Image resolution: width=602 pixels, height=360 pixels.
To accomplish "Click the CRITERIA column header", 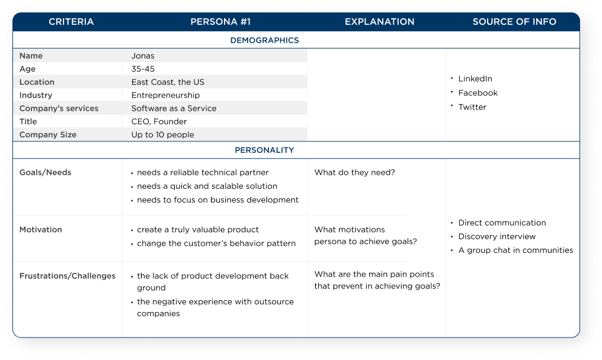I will (x=71, y=22).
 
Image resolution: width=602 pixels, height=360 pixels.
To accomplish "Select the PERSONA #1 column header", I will (x=220, y=22).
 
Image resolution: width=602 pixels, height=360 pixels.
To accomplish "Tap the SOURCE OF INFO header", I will (x=514, y=22).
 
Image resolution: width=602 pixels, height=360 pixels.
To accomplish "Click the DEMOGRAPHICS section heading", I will (x=264, y=40).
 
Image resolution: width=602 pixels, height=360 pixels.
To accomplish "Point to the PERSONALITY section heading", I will (x=264, y=150).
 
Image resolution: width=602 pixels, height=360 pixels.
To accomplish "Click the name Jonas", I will (x=143, y=56).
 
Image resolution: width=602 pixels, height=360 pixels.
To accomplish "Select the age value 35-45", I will (x=143, y=69).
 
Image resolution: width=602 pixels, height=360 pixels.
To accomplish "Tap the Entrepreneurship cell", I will (x=165, y=95).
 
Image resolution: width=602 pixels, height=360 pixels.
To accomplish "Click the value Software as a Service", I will (x=174, y=108).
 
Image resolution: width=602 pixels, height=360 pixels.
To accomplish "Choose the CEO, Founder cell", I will (x=159, y=121).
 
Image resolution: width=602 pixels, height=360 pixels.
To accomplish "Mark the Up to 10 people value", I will (x=162, y=134).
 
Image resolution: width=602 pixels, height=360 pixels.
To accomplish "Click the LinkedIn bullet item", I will (x=475, y=79).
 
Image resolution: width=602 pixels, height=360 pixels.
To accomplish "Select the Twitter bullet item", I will (x=472, y=107).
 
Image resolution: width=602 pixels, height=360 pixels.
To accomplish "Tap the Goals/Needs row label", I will (x=45, y=172).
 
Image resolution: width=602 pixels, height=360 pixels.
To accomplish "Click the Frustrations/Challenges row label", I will (x=67, y=276).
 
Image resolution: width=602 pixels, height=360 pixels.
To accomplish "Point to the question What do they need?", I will (x=354, y=172).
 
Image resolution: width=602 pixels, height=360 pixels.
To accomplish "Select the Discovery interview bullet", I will (x=497, y=236).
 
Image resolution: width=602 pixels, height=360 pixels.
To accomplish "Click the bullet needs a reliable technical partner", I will (x=203, y=172).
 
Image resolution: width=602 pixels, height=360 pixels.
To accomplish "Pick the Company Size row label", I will (x=47, y=134).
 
